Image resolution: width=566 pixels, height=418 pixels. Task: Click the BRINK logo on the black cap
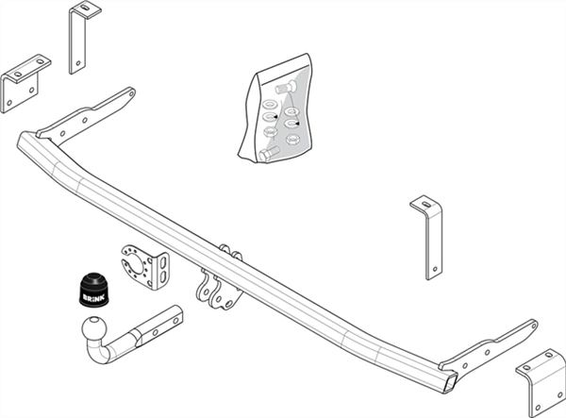click(x=93, y=297)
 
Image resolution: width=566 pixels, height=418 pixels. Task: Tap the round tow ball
click(x=94, y=328)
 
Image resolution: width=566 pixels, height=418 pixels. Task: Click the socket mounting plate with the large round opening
click(x=144, y=266)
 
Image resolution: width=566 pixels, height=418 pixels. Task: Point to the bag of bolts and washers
click(x=276, y=109)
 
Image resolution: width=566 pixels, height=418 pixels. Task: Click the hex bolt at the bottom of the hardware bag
click(x=269, y=153)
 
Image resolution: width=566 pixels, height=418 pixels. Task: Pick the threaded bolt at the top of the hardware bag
click(x=286, y=88)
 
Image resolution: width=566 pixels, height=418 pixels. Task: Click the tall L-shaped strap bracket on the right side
click(x=427, y=238)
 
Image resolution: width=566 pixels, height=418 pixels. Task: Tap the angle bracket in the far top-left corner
click(x=25, y=84)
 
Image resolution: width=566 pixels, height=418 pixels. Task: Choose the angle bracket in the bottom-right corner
click(x=541, y=382)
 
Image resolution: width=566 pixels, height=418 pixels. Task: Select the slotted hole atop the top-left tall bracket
click(x=86, y=8)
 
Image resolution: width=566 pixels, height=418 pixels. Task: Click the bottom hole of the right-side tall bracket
click(x=435, y=269)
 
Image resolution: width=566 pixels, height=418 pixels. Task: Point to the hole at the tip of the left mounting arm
click(x=131, y=93)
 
